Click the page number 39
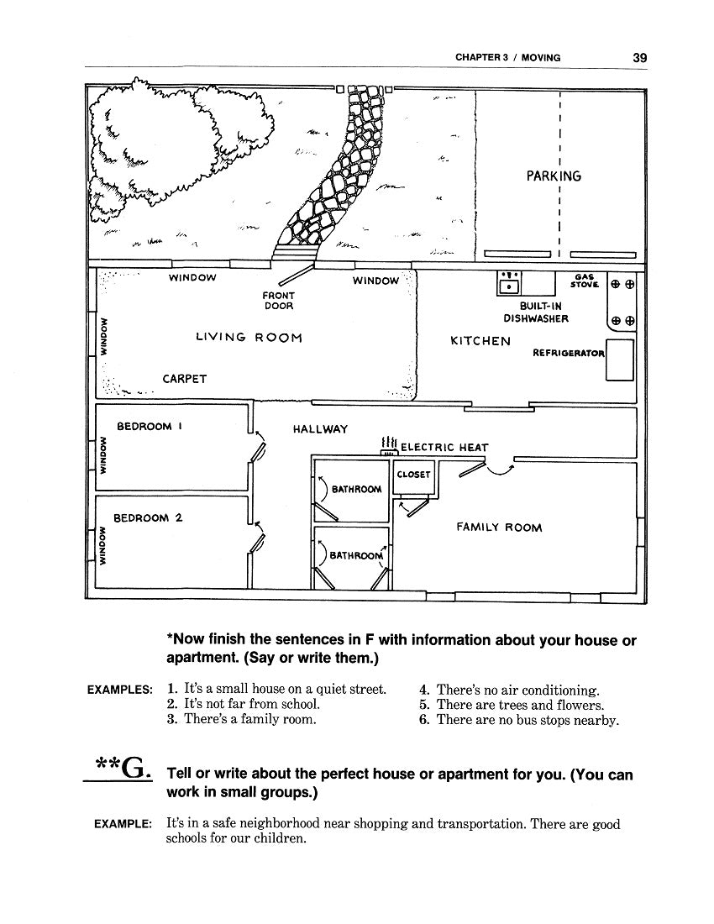click(640, 58)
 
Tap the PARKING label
click(554, 176)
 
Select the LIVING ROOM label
click(249, 338)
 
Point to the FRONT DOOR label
click(279, 301)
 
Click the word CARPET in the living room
click(185, 379)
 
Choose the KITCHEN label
click(480, 341)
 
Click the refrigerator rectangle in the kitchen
click(620, 360)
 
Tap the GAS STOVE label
click(585, 281)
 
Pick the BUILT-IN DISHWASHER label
click(536, 312)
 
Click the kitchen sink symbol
click(509, 283)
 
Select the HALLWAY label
click(321, 429)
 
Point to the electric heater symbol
click(389, 446)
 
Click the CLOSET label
click(413, 475)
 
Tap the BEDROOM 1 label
click(150, 426)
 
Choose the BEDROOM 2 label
click(148, 518)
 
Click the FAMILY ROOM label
click(499, 528)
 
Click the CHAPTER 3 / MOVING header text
click(508, 58)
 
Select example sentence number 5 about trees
click(512, 705)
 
